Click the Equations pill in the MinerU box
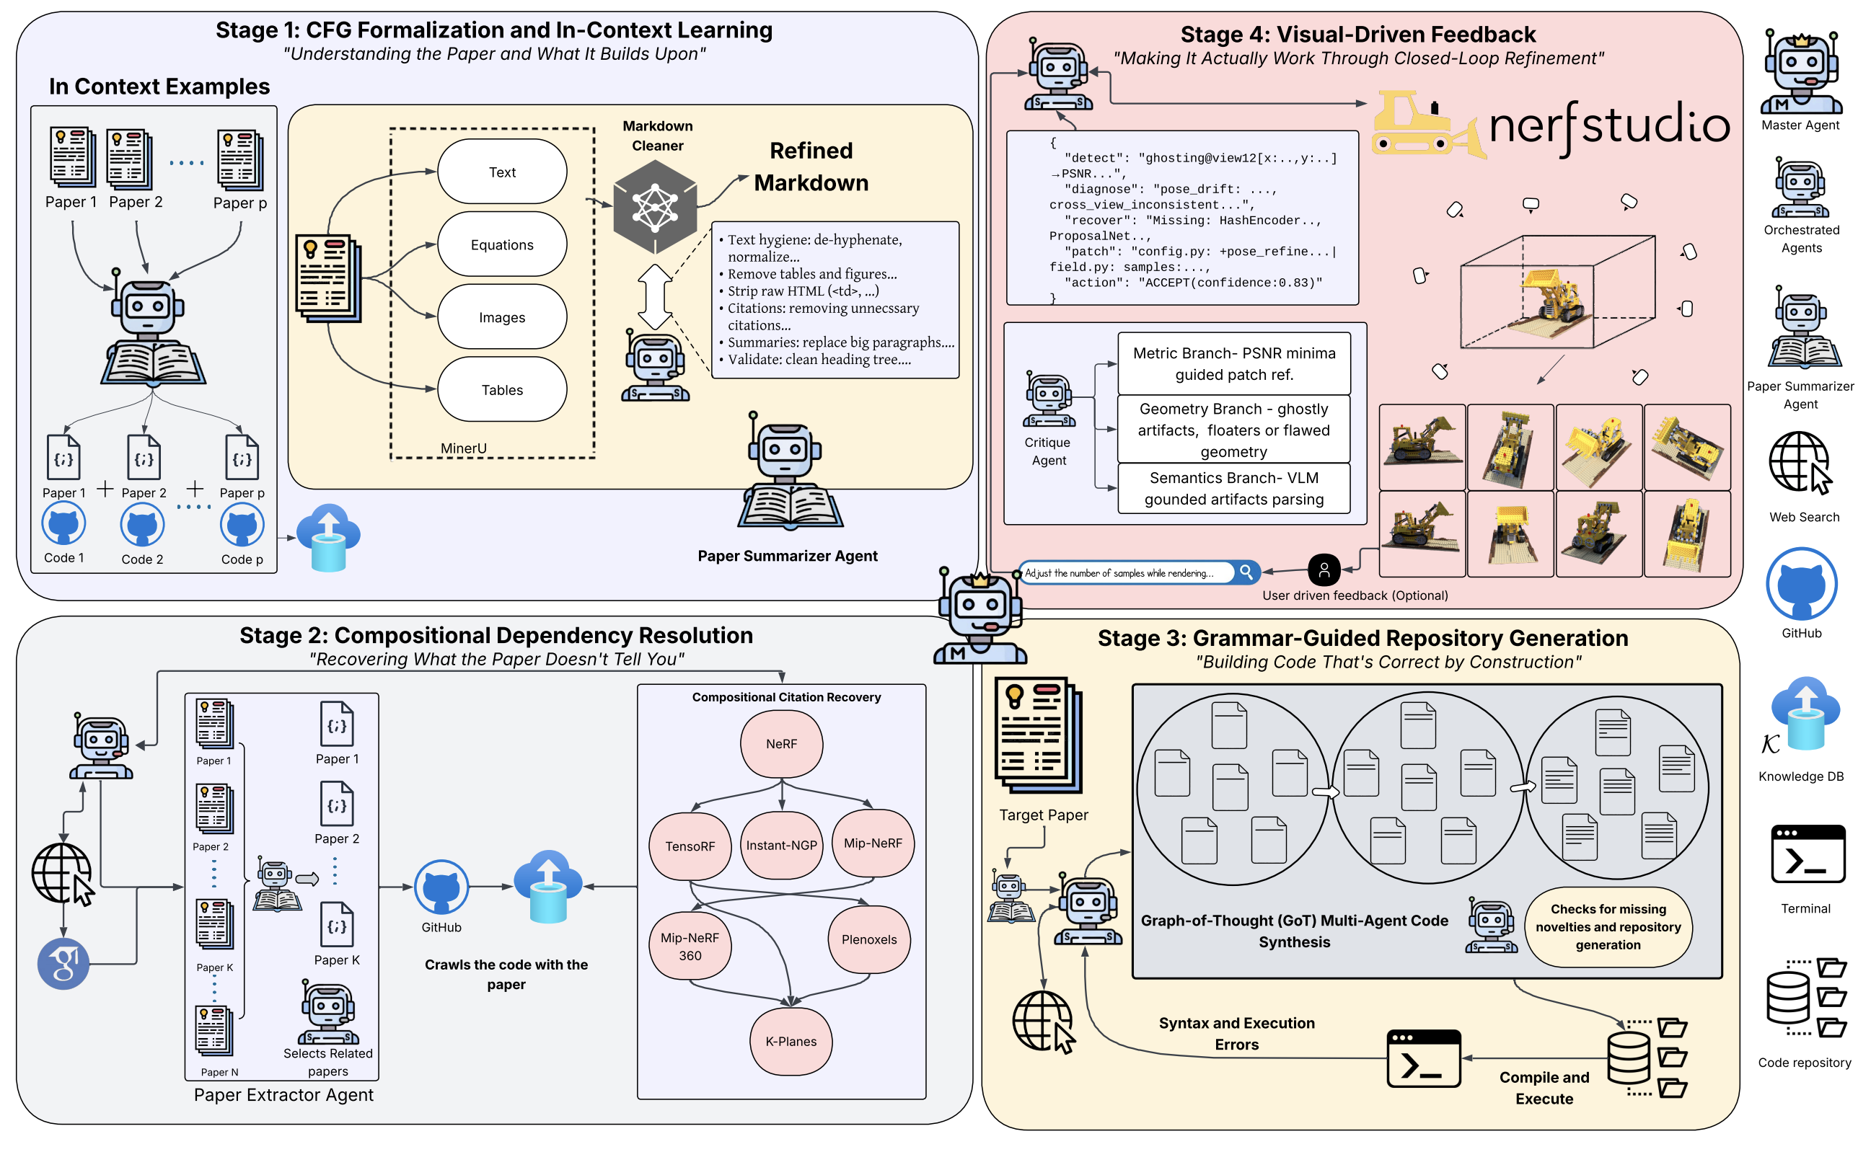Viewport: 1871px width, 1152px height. click(x=501, y=244)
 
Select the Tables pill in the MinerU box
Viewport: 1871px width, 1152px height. click(x=501, y=389)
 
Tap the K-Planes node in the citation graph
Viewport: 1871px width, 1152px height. click(x=791, y=1042)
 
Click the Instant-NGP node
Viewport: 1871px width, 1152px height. click(x=781, y=845)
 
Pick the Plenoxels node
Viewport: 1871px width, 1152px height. click(x=869, y=939)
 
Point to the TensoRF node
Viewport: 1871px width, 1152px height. click(x=690, y=846)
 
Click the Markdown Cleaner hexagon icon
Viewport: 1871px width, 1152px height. click(x=655, y=207)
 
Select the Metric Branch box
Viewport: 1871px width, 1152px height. click(x=1233, y=363)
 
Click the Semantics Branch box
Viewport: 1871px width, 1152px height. click(x=1233, y=488)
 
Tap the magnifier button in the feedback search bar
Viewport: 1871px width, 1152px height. click(x=1246, y=572)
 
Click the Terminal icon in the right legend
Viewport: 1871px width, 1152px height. click(x=1807, y=854)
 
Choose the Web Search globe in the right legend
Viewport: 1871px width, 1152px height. click(x=1800, y=464)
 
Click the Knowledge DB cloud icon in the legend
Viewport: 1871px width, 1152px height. click(x=1805, y=712)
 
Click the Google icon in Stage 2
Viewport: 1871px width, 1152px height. click(x=63, y=964)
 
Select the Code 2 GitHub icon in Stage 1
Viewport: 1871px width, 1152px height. click(x=142, y=525)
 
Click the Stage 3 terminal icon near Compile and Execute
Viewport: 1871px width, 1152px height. click(x=1423, y=1059)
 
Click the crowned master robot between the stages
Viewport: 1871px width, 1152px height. click(x=980, y=617)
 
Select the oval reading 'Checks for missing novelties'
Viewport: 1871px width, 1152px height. click(x=1607, y=926)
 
